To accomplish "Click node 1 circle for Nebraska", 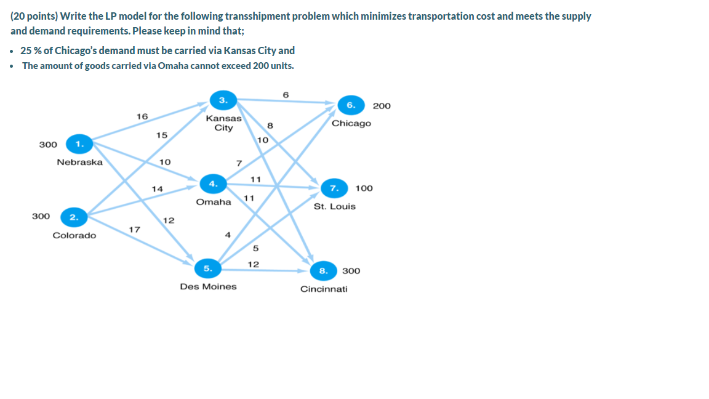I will (x=78, y=144).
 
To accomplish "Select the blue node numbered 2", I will (x=73, y=217).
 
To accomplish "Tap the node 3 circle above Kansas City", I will (x=223, y=100).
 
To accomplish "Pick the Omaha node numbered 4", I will (x=213, y=183).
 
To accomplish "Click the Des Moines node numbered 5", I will (x=208, y=268).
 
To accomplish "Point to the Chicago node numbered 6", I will (x=350, y=105).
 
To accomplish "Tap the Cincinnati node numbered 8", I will (x=322, y=270).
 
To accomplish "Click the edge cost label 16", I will (x=142, y=116).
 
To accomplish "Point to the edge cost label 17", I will (x=134, y=230).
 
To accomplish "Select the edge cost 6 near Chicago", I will (x=286, y=94).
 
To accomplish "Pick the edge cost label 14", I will (x=158, y=189).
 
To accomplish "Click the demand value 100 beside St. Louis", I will (x=364, y=188).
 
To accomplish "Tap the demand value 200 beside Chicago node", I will (x=382, y=106).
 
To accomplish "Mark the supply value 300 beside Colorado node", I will (x=41, y=217).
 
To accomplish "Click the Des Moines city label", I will (x=208, y=286).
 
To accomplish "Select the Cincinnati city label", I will (x=324, y=289).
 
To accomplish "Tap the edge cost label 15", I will (x=162, y=135).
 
